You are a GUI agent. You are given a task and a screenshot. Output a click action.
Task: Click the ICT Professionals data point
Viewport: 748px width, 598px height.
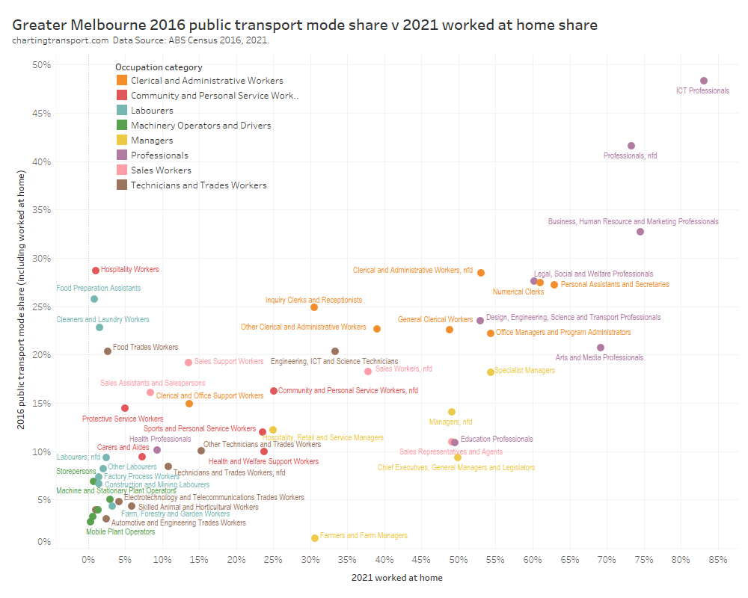pos(703,81)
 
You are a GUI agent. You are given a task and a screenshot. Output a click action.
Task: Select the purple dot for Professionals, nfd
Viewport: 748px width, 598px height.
pos(631,146)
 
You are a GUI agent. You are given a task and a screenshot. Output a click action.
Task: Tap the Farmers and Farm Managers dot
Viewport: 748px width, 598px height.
pos(315,538)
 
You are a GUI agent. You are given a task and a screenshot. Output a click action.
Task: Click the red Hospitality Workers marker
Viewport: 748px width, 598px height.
pos(96,271)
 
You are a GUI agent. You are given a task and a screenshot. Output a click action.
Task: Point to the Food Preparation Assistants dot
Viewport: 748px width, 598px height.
pos(94,299)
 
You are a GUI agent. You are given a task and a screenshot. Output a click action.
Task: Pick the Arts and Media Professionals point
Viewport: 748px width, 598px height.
pos(601,348)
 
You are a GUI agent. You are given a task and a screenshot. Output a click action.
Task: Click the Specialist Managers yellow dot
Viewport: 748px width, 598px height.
pos(491,372)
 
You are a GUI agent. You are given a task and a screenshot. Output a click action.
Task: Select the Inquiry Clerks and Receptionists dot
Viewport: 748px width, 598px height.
pos(314,307)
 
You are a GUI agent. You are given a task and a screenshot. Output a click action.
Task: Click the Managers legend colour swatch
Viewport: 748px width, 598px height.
pos(121,141)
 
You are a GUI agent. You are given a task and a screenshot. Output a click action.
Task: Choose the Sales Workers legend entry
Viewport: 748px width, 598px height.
pos(161,170)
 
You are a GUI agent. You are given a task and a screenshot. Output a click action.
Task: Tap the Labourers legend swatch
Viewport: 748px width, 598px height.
pos(121,111)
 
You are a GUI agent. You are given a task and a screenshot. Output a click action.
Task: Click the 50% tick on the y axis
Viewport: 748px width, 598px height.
pos(41,65)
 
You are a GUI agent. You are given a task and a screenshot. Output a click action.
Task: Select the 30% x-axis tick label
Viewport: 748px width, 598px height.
pos(310,559)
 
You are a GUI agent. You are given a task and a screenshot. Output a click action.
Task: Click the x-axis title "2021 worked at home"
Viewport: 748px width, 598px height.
pos(396,578)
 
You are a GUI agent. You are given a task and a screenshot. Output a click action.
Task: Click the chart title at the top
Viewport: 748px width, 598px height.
pos(304,25)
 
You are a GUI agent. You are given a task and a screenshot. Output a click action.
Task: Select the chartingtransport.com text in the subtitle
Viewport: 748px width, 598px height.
pos(61,40)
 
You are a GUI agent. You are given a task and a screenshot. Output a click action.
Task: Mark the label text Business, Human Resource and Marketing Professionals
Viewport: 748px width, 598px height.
pos(633,222)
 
